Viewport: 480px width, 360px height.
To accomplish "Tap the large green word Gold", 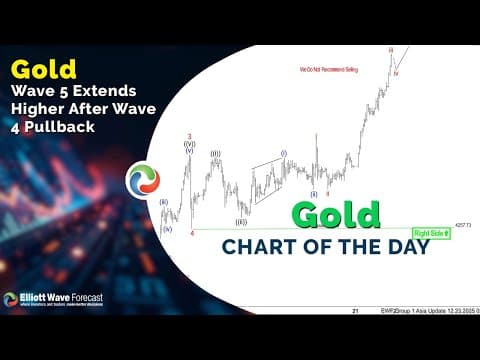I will (x=336, y=215).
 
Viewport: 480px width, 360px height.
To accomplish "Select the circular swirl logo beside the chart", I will (x=142, y=180).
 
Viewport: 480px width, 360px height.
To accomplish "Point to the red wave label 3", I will (x=188, y=136).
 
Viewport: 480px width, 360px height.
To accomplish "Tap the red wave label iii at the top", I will (x=391, y=50).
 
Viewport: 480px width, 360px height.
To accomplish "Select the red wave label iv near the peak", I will (x=397, y=73).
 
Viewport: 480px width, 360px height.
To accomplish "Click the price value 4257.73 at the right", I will (x=460, y=225).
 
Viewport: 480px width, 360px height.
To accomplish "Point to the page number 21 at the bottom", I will (x=354, y=311).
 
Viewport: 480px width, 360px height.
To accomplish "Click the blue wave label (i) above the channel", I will (x=283, y=153).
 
